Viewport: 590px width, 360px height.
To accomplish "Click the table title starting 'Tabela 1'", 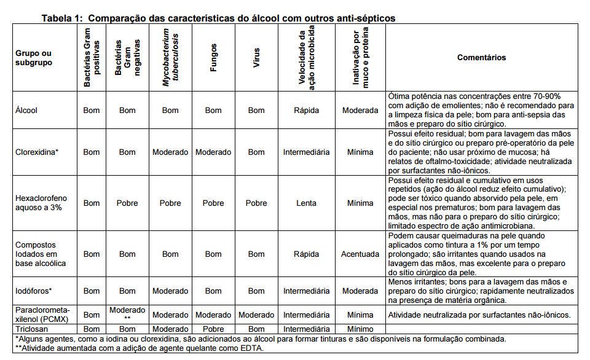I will pos(218,18).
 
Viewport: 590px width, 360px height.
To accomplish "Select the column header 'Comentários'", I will pos(481,57).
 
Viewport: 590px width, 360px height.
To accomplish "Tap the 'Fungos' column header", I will pos(213,58).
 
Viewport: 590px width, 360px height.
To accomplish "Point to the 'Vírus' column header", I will pos(257,58).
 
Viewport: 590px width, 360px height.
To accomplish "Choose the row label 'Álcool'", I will pos(26,111).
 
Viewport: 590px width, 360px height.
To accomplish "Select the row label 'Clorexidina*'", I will pos(36,152).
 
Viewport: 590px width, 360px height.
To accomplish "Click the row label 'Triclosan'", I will pos(31,329).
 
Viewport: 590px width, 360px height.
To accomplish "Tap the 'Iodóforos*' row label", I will pos(34,291).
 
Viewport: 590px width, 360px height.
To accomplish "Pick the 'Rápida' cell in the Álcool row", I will pos(306,111).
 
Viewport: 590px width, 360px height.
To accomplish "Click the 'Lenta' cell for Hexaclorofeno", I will pos(306,203).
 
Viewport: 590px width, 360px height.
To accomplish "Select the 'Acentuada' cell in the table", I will pos(360,254).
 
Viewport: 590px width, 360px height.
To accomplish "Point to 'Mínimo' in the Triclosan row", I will pos(360,329).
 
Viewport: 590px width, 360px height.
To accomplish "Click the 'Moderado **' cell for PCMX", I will pos(127,314).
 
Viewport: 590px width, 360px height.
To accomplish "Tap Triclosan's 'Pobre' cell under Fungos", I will pos(213,329).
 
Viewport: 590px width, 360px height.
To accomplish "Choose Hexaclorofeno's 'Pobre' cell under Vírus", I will pos(256,203).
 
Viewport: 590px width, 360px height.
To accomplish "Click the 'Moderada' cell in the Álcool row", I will pos(360,111).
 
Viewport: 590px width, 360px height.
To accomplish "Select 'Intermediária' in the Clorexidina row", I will pos(306,152).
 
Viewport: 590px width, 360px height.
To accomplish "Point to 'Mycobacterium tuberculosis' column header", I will pos(170,58).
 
